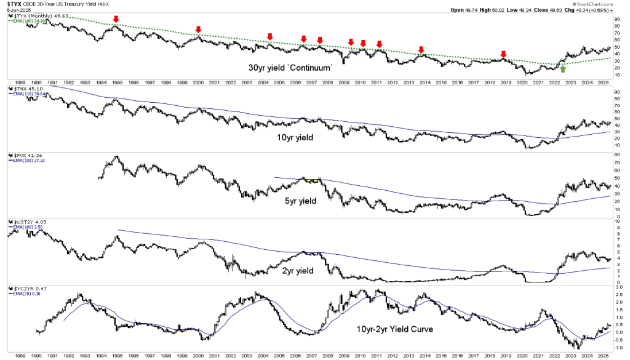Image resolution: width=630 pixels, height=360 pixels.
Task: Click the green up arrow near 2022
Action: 563,68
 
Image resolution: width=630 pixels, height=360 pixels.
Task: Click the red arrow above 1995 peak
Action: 116,20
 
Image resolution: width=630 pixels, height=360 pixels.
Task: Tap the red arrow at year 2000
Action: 198,30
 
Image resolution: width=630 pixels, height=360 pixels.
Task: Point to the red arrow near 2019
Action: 503,54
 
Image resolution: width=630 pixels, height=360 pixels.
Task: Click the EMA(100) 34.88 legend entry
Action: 29,20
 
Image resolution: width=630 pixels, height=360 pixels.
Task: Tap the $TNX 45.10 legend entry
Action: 26,89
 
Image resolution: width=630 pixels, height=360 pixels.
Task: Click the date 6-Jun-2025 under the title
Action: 16,11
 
